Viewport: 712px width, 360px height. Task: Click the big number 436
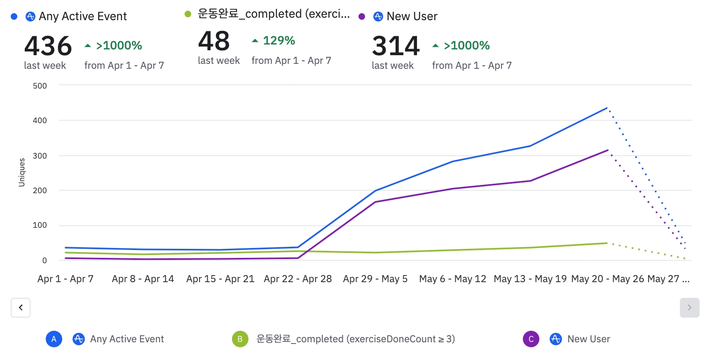(x=48, y=46)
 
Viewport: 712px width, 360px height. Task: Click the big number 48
(x=214, y=41)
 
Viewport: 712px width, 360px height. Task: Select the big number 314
(x=396, y=46)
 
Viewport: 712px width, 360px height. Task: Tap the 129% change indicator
(x=279, y=40)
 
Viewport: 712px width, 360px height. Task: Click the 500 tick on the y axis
(x=40, y=86)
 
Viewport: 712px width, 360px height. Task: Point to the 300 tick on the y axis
(x=40, y=156)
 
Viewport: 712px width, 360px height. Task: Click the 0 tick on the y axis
(x=44, y=260)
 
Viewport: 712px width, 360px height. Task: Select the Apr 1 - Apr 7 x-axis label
(x=66, y=279)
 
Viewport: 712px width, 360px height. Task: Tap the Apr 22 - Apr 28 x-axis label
(x=298, y=279)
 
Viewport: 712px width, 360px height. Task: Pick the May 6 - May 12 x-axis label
(x=452, y=279)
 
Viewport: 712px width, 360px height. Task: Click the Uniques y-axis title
(x=22, y=173)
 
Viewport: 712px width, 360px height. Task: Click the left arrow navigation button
(x=21, y=308)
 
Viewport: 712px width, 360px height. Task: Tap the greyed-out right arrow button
(x=689, y=308)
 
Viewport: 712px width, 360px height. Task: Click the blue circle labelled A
(x=54, y=339)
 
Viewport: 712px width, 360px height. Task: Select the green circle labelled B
(x=240, y=339)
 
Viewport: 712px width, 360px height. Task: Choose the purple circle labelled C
(x=531, y=339)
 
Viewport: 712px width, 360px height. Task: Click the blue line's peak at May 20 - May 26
(x=607, y=108)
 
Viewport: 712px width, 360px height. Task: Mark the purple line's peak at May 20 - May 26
(x=608, y=150)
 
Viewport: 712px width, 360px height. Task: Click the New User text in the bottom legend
(x=588, y=339)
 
